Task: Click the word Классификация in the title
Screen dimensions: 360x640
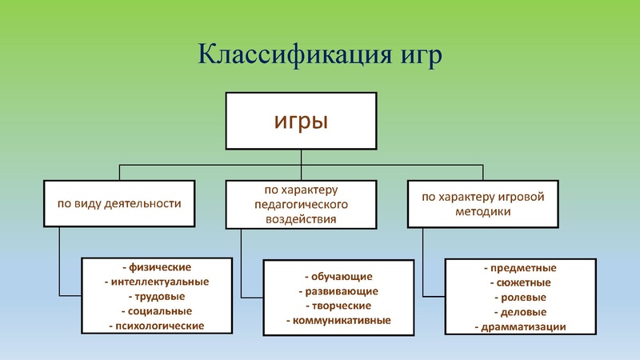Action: pyautogui.click(x=269, y=58)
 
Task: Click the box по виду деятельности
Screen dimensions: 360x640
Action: pyautogui.click(x=119, y=203)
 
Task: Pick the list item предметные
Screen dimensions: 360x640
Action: pyautogui.click(x=520, y=268)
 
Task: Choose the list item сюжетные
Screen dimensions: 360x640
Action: pyautogui.click(x=520, y=282)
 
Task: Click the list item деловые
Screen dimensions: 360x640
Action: pyautogui.click(x=520, y=312)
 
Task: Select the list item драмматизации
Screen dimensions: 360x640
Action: pyautogui.click(x=520, y=326)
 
